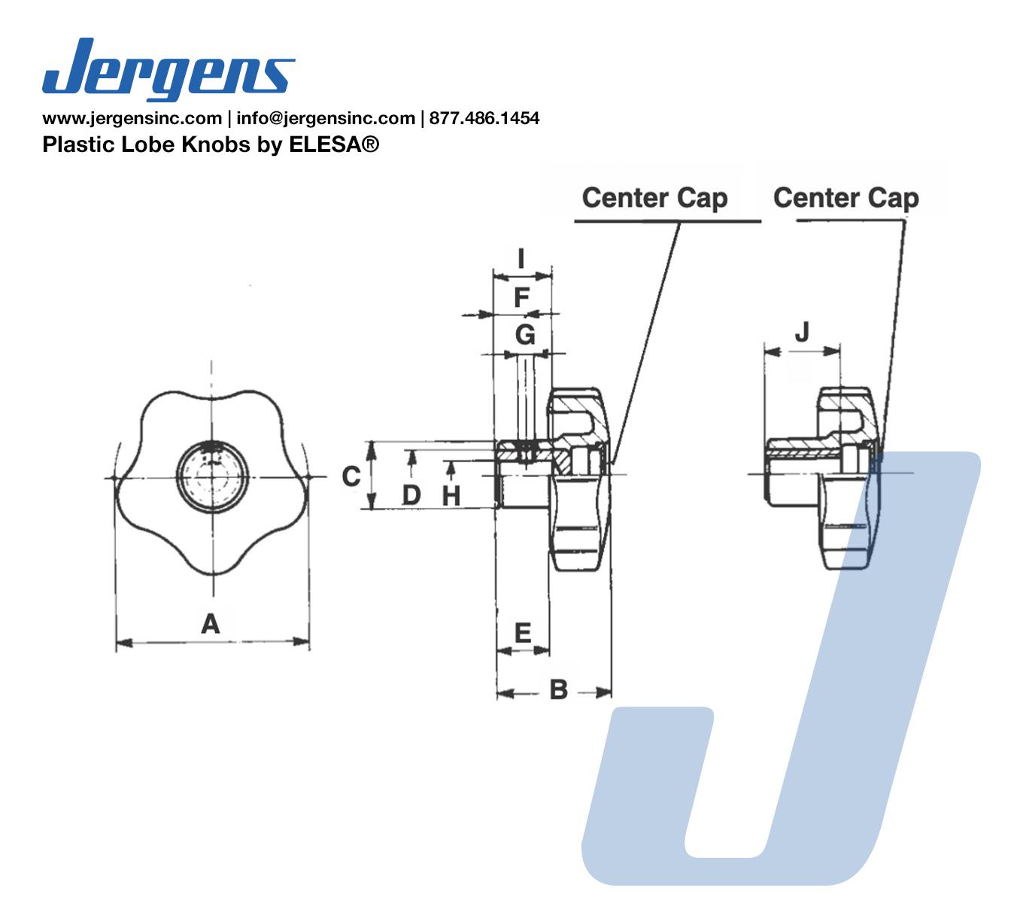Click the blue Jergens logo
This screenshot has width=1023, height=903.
point(168,69)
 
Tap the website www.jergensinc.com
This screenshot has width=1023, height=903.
point(132,118)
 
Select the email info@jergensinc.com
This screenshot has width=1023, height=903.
point(325,118)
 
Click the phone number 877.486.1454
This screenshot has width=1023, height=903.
point(484,118)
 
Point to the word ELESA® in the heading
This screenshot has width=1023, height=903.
point(334,144)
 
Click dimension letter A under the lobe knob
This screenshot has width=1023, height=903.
point(211,623)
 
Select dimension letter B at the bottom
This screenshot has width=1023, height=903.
point(558,689)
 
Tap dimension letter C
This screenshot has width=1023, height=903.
point(351,476)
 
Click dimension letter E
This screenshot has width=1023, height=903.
point(523,633)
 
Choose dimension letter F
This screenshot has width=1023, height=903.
point(521,297)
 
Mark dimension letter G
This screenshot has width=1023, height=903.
point(525,335)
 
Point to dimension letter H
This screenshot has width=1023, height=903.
point(451,496)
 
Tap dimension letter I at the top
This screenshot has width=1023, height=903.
point(521,259)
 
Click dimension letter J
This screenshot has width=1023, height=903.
point(802,332)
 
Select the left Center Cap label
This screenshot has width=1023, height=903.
point(654,198)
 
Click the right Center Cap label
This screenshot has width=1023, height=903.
point(845,198)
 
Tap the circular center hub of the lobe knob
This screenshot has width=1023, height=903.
point(212,478)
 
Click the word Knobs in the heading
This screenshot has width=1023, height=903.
point(216,144)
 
